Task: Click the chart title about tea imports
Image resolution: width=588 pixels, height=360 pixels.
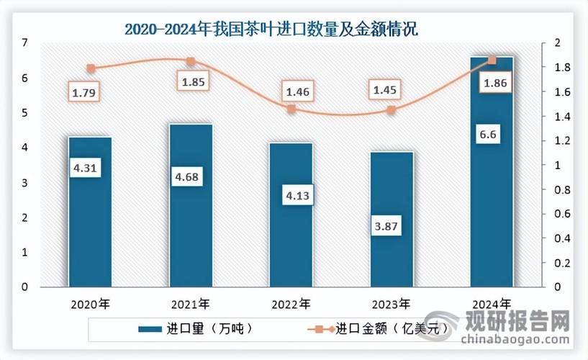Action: point(271,30)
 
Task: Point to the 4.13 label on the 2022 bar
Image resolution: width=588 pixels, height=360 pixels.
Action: point(291,195)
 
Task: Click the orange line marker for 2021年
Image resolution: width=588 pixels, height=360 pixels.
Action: point(191,62)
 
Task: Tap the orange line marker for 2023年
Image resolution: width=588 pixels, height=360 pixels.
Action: point(392,110)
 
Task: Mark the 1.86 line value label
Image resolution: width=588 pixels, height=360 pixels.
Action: point(492,85)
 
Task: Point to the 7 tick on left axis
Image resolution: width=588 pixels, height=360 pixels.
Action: point(25,43)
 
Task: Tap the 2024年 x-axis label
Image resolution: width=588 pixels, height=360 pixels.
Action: point(492,302)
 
